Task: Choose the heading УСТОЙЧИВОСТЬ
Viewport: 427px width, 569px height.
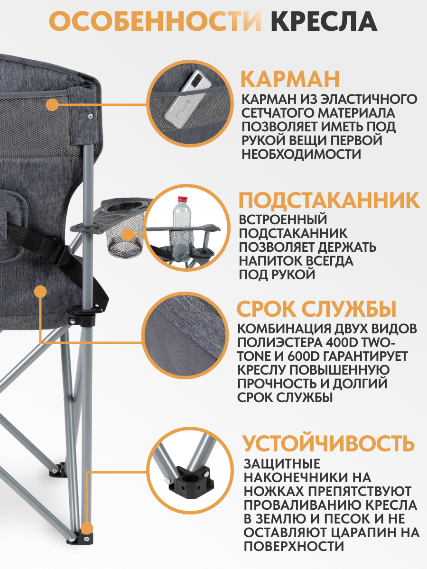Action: coord(328,444)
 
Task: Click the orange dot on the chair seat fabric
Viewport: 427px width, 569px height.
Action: coord(42,290)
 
